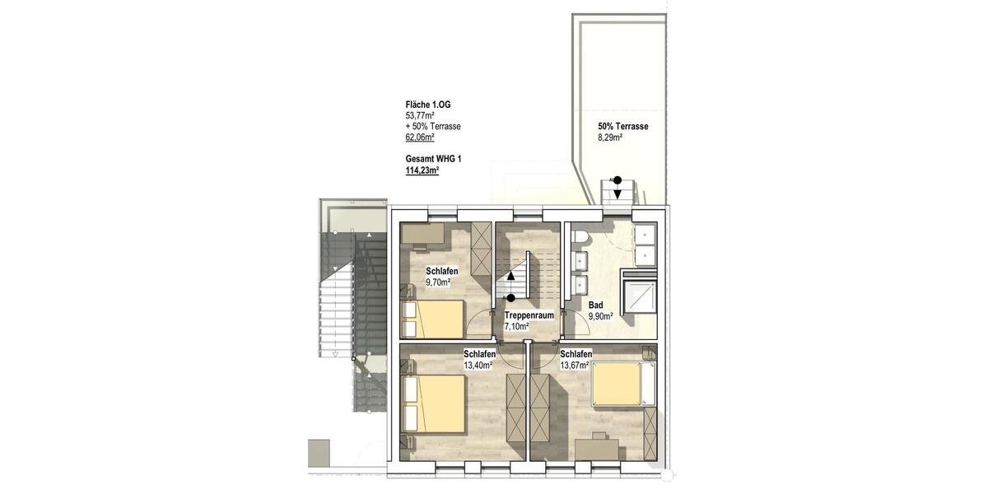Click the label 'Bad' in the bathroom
point(595,305)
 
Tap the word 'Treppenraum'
point(528,315)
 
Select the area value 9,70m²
point(438,282)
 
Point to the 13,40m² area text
point(478,365)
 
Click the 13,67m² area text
point(575,365)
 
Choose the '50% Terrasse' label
point(623,127)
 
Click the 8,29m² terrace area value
point(610,137)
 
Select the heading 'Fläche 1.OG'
point(428,105)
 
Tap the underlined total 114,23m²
point(422,170)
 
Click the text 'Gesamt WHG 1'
point(433,159)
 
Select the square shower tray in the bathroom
point(641,296)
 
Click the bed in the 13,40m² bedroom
point(436,405)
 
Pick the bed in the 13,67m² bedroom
point(619,384)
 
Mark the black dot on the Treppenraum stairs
point(511,297)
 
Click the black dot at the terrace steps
point(616,179)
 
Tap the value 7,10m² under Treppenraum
point(516,326)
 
